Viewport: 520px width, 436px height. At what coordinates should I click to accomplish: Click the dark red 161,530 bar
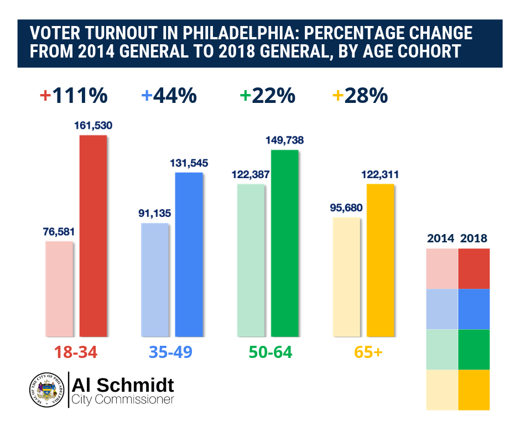coord(93,235)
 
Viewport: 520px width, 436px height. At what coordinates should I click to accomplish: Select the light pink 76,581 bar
coord(59,288)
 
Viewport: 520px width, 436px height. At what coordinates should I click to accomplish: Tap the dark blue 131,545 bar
coord(189,254)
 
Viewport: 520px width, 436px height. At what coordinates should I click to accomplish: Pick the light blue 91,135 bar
coord(155,279)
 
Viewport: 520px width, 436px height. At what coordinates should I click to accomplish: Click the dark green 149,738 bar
coord(284,243)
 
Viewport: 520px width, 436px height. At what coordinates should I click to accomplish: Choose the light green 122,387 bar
coord(251,259)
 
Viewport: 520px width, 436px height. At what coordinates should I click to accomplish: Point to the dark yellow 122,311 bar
coord(380,259)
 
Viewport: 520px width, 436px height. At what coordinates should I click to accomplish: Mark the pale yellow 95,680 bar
coord(347,277)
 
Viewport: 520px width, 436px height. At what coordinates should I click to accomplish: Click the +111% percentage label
coord(74,96)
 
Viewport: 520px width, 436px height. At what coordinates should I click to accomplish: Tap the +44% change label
coord(169,96)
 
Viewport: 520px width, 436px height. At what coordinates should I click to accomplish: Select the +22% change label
coord(267,96)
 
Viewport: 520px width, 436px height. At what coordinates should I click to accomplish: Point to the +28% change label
coord(360,96)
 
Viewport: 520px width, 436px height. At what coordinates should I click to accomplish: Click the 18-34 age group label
coord(76,352)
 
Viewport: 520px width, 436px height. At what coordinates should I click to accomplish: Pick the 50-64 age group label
coord(268,352)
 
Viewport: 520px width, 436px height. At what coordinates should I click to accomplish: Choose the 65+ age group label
coord(363,352)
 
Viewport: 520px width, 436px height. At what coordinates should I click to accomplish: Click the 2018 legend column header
coord(474,238)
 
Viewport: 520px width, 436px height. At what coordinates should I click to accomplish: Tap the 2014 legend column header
coord(441,238)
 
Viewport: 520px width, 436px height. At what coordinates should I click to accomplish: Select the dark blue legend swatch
coord(474,309)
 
